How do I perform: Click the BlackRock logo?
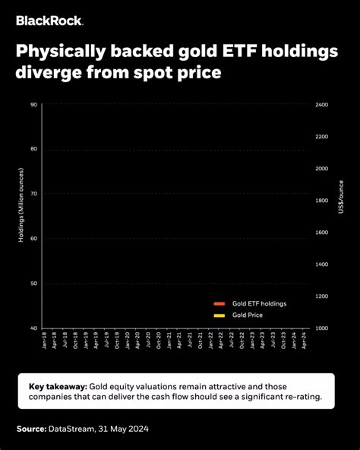(x=50, y=21)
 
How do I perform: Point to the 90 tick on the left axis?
(x=33, y=104)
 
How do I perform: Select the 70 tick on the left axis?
(x=33, y=194)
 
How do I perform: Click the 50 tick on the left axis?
(x=33, y=284)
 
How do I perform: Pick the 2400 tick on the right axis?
(x=322, y=104)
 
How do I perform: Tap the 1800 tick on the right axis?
(x=322, y=201)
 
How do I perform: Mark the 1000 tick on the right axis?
(x=322, y=328)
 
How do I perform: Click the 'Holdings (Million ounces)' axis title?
(x=21, y=216)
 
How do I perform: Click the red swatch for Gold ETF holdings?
(x=219, y=303)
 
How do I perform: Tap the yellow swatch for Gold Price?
(x=219, y=315)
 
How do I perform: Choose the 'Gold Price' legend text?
(x=248, y=315)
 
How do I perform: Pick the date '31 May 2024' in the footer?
(x=122, y=429)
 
